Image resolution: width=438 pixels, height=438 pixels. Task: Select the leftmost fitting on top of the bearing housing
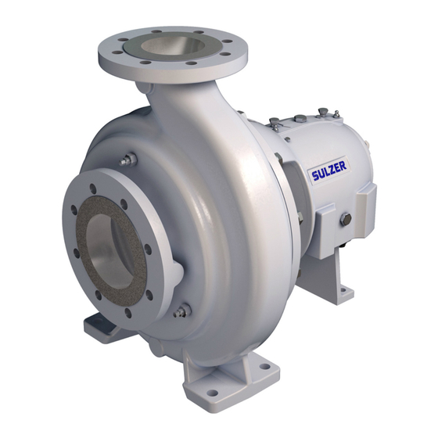point(274,123)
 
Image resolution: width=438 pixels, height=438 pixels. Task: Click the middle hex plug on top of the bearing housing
point(300,119)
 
